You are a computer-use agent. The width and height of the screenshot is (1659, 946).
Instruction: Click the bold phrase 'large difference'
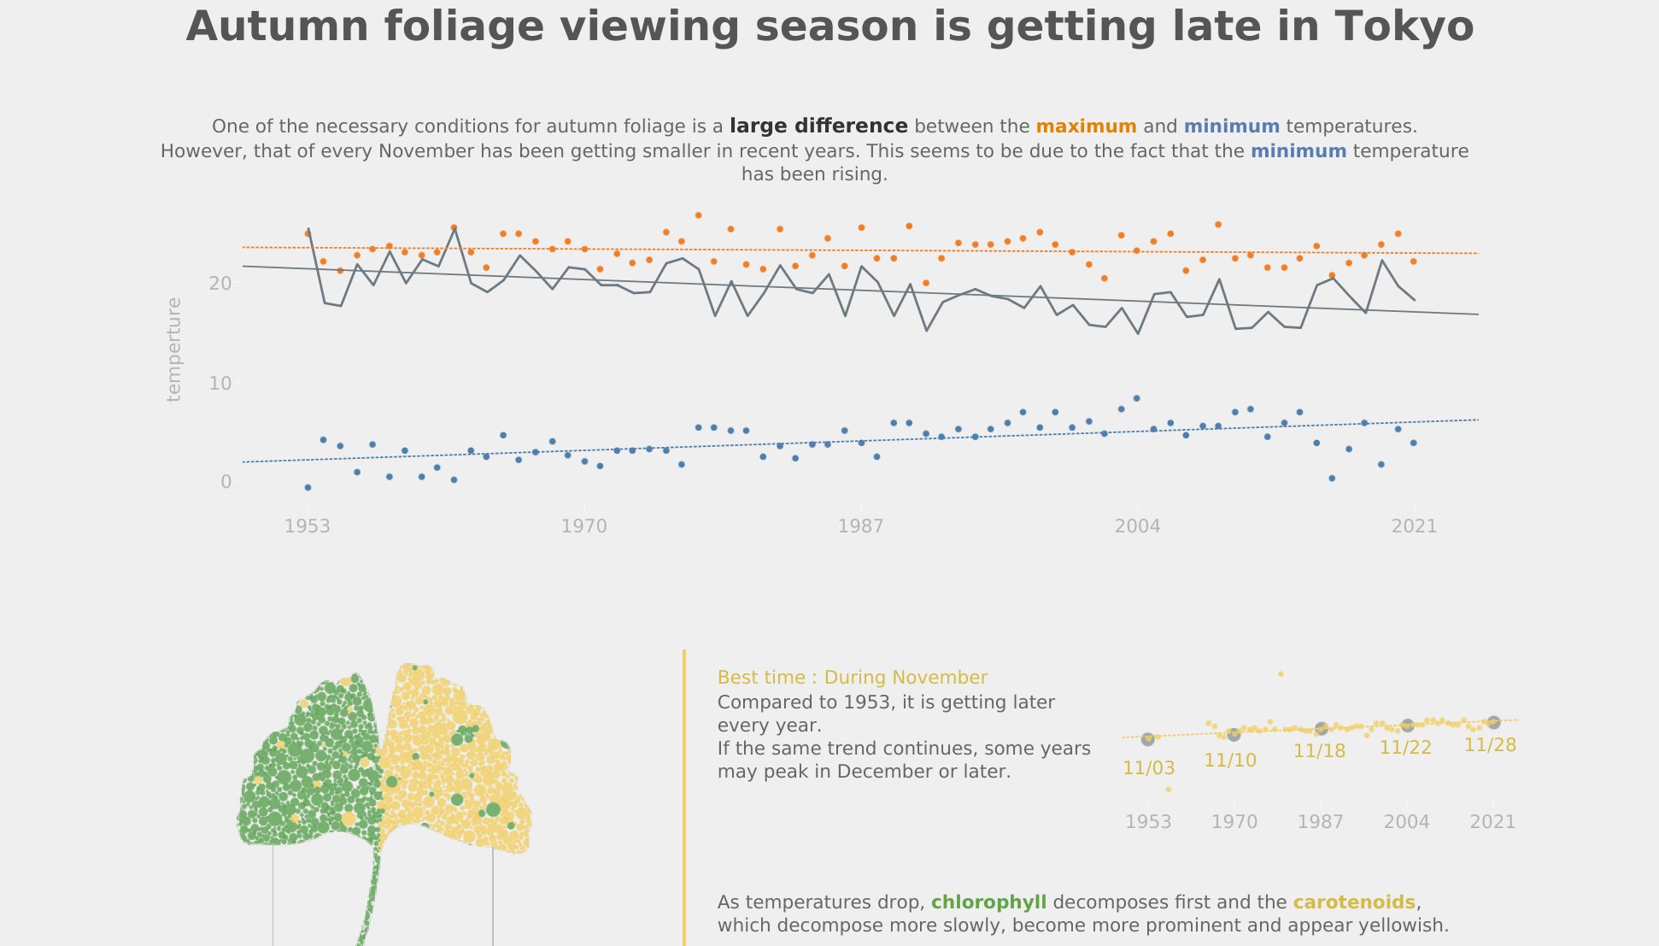(818, 126)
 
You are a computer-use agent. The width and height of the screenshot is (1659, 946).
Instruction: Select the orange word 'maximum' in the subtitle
(1086, 126)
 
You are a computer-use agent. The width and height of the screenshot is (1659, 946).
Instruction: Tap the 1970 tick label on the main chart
(584, 526)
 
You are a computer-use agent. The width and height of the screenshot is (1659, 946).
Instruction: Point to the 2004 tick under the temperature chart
(1138, 526)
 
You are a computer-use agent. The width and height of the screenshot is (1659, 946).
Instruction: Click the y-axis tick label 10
(220, 383)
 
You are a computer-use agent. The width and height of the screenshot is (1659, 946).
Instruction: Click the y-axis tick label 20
(220, 283)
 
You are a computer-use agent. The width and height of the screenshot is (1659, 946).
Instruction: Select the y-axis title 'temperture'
(174, 350)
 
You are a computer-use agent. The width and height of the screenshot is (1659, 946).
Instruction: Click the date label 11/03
(1149, 768)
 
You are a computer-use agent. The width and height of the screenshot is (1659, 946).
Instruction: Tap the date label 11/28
(1491, 745)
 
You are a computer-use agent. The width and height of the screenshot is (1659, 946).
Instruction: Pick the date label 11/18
(1320, 751)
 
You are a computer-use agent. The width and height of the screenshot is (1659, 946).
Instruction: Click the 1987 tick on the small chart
(1321, 822)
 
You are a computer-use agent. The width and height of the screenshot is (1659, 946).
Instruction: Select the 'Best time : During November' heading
(853, 678)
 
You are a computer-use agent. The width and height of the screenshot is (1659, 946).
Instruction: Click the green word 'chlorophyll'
(988, 902)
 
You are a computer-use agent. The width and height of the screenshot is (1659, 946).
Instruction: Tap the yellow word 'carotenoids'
(1354, 902)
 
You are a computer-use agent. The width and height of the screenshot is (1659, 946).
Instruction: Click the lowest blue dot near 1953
(308, 488)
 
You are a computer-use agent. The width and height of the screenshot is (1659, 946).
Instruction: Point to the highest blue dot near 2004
(1136, 398)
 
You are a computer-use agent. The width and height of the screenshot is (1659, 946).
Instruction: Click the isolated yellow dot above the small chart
(1281, 674)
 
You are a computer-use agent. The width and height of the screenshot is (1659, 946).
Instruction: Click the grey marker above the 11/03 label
(1148, 739)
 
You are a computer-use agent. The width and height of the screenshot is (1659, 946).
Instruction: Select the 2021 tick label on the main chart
(1415, 526)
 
